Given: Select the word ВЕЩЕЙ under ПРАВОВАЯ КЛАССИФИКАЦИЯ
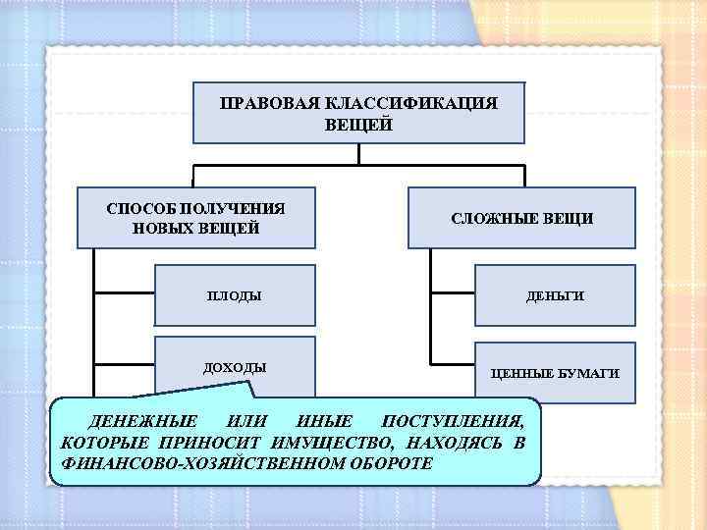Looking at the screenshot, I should (x=357, y=125).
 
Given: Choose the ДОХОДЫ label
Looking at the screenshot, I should (x=234, y=367).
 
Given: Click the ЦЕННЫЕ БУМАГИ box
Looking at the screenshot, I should (x=555, y=373).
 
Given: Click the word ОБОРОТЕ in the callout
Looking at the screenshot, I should (x=391, y=462).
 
